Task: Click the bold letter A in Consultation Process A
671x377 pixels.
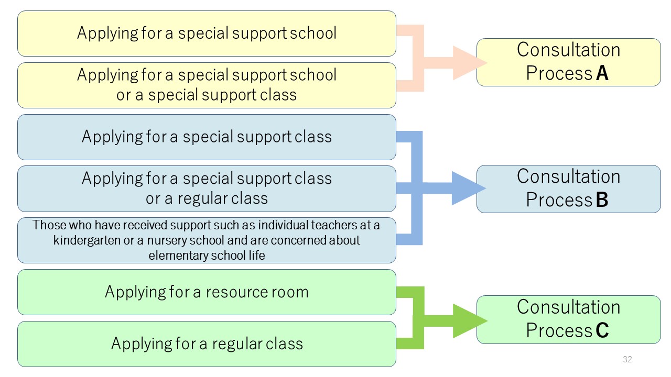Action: click(x=602, y=73)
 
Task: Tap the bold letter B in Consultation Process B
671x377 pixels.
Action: click(x=602, y=199)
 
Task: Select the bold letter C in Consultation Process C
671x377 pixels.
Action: click(x=602, y=330)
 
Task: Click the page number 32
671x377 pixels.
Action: click(x=627, y=359)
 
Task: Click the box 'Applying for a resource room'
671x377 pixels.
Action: click(x=207, y=292)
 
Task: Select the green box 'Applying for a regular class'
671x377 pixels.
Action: click(x=207, y=344)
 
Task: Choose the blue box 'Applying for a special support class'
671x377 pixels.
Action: click(x=207, y=137)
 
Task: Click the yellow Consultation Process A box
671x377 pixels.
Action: click(x=569, y=62)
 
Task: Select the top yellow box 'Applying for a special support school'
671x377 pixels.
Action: click(x=207, y=34)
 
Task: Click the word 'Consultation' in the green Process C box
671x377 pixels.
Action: click(x=568, y=307)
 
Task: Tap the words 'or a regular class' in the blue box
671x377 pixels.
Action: click(x=207, y=198)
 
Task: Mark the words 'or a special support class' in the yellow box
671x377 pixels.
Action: click(x=207, y=95)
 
